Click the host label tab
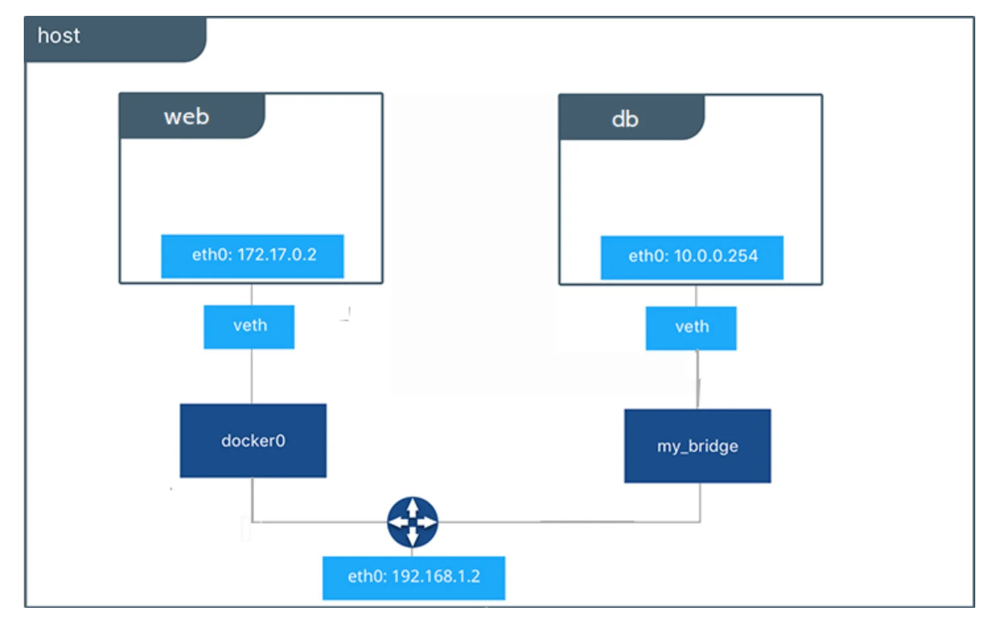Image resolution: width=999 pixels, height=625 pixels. click(115, 39)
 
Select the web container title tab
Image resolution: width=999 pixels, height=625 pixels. click(192, 116)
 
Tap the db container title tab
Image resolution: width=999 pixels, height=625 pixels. click(632, 118)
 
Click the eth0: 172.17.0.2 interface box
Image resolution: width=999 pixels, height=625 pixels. click(252, 256)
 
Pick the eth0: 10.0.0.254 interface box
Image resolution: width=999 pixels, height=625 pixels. click(692, 258)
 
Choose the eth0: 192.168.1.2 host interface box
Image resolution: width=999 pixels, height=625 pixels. click(414, 577)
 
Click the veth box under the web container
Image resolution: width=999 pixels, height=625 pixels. click(249, 326)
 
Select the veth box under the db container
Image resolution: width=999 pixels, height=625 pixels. click(691, 328)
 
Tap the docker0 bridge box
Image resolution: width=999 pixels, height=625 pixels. click(253, 440)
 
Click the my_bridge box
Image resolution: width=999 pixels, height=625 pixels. click(698, 446)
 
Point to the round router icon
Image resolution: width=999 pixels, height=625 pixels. click(412, 521)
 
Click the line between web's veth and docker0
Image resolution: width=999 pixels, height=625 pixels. click(252, 376)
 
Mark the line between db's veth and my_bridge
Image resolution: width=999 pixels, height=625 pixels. click(698, 379)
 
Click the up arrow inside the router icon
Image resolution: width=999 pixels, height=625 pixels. click(412, 507)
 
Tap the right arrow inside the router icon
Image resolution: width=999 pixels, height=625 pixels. click(427, 521)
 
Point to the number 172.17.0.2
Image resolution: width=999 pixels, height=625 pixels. click(277, 255)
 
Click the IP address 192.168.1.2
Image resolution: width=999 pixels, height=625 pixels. click(436, 576)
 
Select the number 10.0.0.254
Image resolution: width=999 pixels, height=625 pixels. click(716, 256)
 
